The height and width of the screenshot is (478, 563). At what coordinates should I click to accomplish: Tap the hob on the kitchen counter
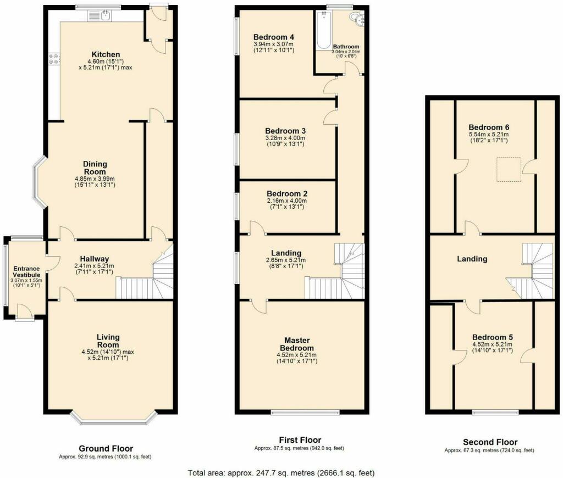point(54,59)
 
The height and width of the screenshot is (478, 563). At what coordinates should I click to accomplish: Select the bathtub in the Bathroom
point(324,30)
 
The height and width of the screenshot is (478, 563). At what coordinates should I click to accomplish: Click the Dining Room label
point(95,168)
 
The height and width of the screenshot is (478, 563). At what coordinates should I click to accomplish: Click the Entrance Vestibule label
point(26,271)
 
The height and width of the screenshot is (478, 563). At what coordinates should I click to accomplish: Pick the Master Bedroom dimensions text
point(297,358)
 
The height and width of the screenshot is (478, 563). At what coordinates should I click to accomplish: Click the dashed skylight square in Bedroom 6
point(509,169)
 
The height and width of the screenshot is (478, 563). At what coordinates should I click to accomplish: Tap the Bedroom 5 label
point(492,337)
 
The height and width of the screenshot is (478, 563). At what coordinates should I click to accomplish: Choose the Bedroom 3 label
point(285,131)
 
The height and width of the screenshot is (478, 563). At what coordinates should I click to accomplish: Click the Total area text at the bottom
point(281,473)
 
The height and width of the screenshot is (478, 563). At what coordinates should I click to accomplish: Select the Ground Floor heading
point(106,448)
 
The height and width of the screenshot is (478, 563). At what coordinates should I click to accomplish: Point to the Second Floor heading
point(490,442)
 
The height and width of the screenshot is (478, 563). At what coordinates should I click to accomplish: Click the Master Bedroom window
point(305,412)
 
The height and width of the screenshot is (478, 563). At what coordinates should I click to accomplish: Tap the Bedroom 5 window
point(495,412)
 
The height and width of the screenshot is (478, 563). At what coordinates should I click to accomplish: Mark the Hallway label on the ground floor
point(95,259)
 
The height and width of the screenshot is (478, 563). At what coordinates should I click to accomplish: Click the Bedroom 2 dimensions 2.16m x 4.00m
point(286,201)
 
